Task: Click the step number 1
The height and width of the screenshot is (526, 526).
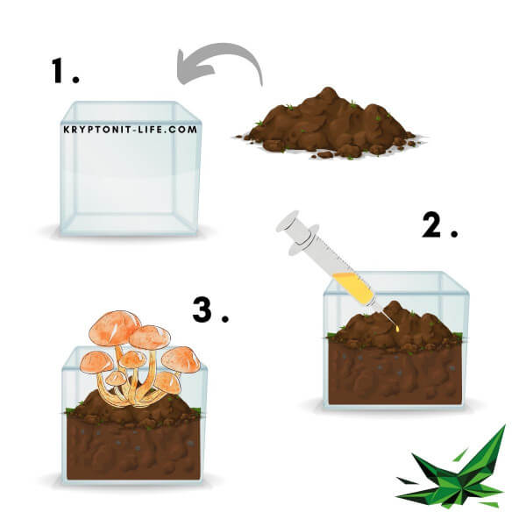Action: (57, 70)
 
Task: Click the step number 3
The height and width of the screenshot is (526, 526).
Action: (203, 310)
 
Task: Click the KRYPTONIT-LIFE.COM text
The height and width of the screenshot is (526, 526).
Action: (131, 130)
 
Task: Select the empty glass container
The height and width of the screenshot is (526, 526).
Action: (131, 168)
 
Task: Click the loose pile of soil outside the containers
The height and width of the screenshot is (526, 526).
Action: (329, 125)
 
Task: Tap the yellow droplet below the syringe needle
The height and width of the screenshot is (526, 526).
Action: (397, 329)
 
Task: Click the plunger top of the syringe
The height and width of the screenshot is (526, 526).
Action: (288, 222)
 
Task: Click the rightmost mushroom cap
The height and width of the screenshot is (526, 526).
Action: (181, 359)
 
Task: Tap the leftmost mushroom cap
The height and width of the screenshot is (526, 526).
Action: (96, 362)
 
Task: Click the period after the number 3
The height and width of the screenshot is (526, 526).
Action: (225, 318)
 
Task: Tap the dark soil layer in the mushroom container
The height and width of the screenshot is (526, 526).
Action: (133, 450)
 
